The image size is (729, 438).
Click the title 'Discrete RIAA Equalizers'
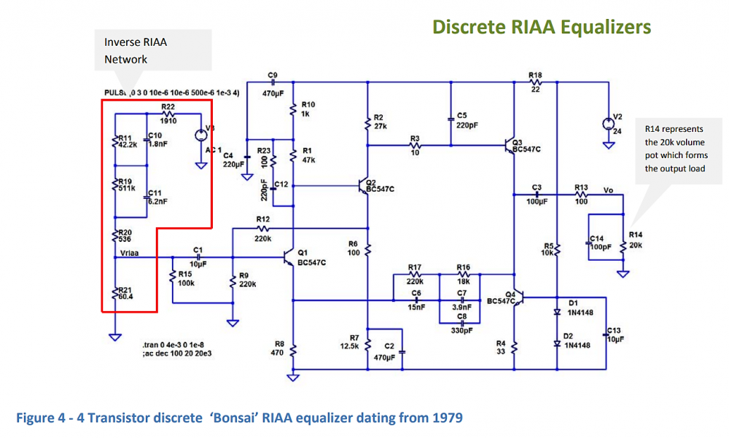tap(541, 27)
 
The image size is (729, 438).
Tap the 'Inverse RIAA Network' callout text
tap(136, 51)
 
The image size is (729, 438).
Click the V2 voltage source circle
tap(609, 123)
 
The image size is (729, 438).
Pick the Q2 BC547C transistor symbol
tap(363, 186)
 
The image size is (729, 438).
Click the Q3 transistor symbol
tap(510, 145)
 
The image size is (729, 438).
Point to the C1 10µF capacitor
tap(196, 257)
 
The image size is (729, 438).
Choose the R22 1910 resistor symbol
tap(169, 114)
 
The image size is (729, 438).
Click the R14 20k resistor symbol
tap(624, 246)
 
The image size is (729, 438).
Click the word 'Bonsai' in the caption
tap(235, 418)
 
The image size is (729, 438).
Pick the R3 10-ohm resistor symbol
tap(416, 146)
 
